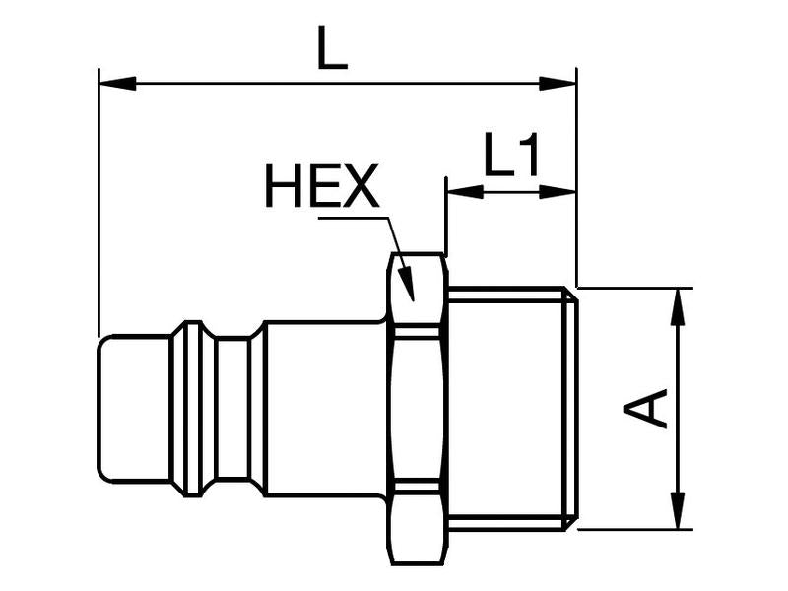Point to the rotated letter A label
[648, 408]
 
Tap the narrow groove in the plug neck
[232, 408]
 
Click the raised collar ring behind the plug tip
[188, 408]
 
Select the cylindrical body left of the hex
[325, 408]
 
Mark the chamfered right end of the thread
[570, 408]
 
